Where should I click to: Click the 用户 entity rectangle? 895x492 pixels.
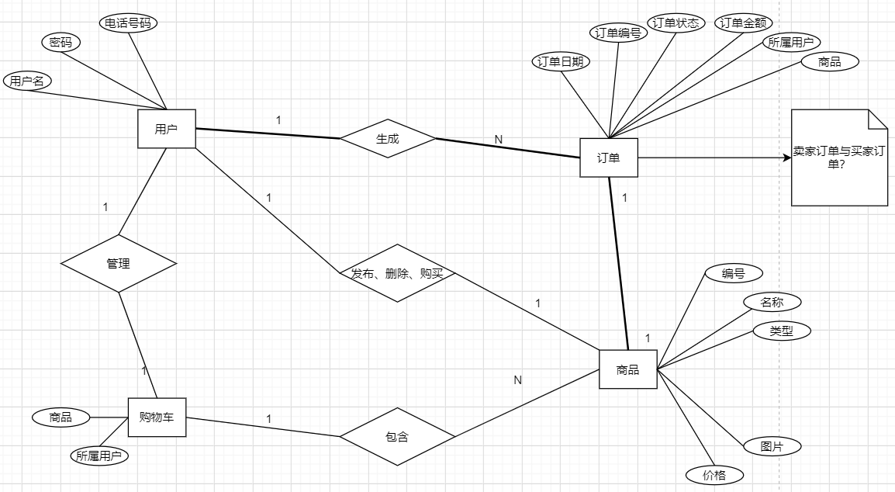click(166, 129)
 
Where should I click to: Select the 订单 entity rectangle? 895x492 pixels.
click(609, 158)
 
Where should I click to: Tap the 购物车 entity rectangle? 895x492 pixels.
click(157, 418)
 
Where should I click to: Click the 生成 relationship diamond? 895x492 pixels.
click(387, 139)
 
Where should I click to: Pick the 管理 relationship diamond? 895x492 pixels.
click(118, 264)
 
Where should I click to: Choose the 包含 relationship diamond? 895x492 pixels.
click(396, 437)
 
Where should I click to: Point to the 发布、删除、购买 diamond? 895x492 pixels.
click(397, 273)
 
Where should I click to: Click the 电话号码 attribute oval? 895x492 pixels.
click(128, 23)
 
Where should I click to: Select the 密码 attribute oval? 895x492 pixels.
click(60, 43)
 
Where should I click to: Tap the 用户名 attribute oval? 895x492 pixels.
click(27, 80)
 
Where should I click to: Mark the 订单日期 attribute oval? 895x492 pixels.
click(561, 63)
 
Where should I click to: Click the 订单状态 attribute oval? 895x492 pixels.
click(676, 23)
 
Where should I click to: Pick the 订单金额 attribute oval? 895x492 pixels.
click(744, 23)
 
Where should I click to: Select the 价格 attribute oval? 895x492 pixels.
click(715, 475)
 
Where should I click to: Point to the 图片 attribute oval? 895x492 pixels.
click(771, 446)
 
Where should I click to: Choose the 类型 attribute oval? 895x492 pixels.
click(782, 331)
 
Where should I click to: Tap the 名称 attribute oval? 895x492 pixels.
click(772, 301)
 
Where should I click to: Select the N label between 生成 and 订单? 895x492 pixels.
click(499, 139)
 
